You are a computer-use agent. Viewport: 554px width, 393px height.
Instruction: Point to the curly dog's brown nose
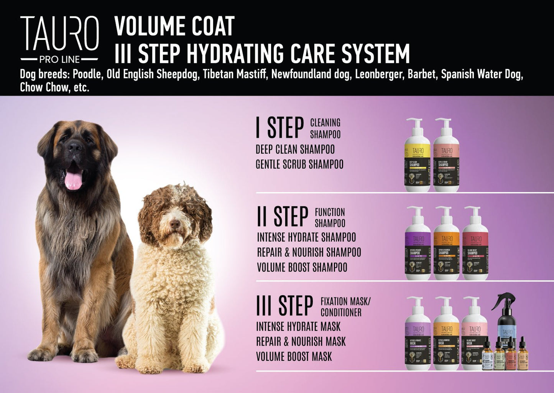click(x=175, y=224)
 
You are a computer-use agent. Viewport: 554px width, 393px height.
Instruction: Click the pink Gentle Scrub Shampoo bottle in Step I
click(x=446, y=157)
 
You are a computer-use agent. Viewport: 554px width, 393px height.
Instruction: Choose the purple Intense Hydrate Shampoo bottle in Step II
click(x=418, y=245)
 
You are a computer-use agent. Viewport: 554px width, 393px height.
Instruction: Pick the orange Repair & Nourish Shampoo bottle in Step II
click(x=446, y=245)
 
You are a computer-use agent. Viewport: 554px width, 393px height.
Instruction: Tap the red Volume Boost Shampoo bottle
click(x=475, y=245)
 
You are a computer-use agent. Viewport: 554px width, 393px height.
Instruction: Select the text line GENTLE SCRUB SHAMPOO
click(x=299, y=164)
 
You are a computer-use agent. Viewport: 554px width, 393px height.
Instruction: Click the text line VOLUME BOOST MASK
click(x=294, y=357)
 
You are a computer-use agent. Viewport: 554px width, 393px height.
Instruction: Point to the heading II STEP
click(x=283, y=217)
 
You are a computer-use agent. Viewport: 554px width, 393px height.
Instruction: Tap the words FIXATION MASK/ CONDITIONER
click(x=345, y=307)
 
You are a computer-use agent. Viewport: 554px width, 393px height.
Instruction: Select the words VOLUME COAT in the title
click(x=174, y=26)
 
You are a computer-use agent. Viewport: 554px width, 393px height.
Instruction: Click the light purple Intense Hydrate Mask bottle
click(x=418, y=335)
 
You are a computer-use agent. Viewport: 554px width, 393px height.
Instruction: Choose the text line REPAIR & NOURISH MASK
click(x=301, y=342)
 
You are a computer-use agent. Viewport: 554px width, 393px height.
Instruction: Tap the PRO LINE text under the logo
click(x=59, y=60)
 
